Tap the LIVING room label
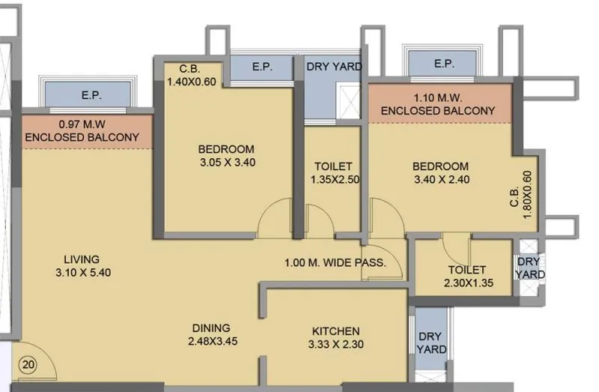click(82, 259)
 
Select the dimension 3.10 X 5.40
click(82, 273)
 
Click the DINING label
click(211, 328)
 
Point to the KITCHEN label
click(336, 331)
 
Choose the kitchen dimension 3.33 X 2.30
click(336, 345)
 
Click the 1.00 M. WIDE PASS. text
click(335, 262)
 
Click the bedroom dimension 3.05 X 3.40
click(227, 162)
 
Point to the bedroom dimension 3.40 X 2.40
click(442, 180)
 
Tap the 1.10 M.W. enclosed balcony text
click(438, 103)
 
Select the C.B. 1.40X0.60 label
click(192, 76)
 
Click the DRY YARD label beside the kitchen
click(432, 343)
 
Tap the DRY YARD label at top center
click(334, 67)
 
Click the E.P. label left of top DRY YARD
click(262, 67)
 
